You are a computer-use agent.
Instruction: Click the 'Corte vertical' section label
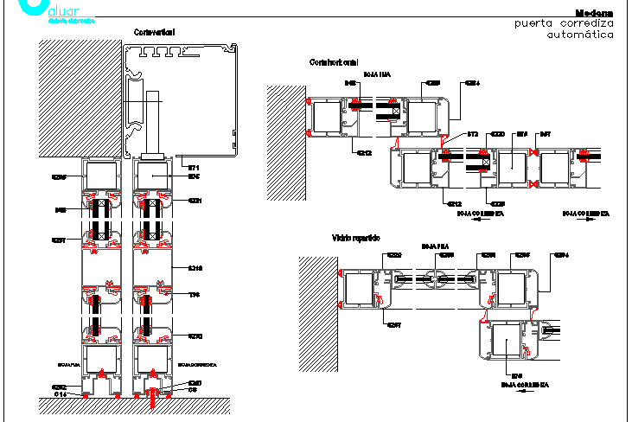click(x=155, y=32)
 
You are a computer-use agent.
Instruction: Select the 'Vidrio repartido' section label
click(x=356, y=237)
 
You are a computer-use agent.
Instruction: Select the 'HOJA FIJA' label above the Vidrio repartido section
click(x=431, y=246)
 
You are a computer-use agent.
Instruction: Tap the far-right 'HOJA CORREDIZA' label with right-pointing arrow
click(x=586, y=212)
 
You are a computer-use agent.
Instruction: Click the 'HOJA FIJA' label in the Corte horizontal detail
click(x=378, y=74)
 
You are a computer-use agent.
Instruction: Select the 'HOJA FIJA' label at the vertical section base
click(x=68, y=365)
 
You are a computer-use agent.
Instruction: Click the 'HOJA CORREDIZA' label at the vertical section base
click(x=197, y=365)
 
